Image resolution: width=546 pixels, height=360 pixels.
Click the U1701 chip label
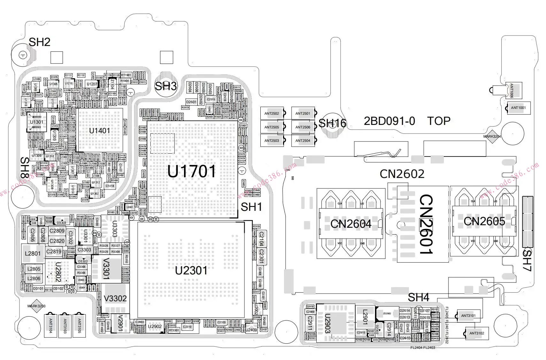coord(192,172)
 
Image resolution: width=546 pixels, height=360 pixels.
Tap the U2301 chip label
coord(191,271)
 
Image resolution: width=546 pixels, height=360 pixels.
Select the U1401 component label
coord(99,131)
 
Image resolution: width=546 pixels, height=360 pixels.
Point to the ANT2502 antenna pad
coord(272,113)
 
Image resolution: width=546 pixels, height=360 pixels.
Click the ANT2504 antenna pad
coord(303,141)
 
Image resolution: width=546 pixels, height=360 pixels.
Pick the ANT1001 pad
coord(518,108)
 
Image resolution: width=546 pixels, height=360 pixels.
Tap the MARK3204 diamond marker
coord(492,136)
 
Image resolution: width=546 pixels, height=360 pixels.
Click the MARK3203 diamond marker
coord(36,306)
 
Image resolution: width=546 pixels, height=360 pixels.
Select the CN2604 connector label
coord(351,224)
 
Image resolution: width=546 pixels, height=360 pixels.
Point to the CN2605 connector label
coord(484,221)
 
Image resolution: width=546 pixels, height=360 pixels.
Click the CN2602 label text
coord(402,174)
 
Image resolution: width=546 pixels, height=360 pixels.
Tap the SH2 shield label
coord(40,42)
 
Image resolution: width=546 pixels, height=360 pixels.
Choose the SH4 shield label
coord(418,297)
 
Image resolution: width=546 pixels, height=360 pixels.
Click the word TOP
coord(439,121)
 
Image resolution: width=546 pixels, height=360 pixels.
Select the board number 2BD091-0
coord(389,121)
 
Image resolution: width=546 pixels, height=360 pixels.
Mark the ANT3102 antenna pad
coord(477,333)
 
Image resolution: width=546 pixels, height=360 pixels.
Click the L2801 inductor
coord(33,254)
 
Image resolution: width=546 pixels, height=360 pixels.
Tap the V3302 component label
coord(115,298)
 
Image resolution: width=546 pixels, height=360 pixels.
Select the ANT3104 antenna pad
coord(50,325)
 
